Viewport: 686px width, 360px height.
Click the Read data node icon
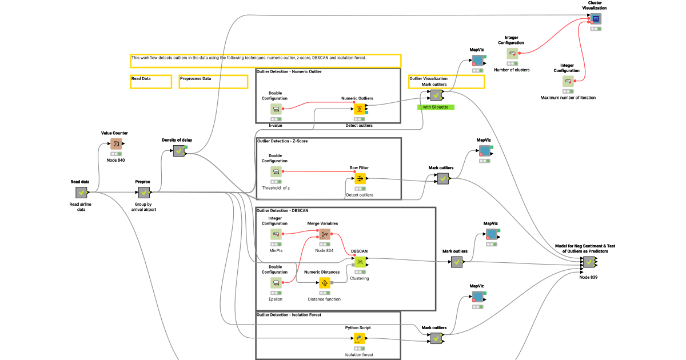pyautogui.click(x=81, y=193)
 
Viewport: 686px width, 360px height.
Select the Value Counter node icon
pyautogui.click(x=116, y=144)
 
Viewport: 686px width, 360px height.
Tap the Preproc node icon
pyautogui.click(x=143, y=193)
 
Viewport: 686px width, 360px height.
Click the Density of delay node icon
pyautogui.click(x=179, y=151)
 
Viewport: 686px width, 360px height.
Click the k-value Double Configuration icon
pyautogui.click(x=276, y=109)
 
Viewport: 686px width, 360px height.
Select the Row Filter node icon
pyautogui.click(x=360, y=179)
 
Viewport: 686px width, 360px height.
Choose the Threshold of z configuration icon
pyautogui.click(x=276, y=172)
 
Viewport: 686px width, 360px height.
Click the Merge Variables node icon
pyautogui.click(x=324, y=234)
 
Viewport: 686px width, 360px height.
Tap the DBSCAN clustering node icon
pyautogui.click(x=360, y=262)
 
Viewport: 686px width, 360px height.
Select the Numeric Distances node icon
pyautogui.click(x=324, y=283)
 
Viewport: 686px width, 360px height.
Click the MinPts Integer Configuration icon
pyautogui.click(x=276, y=234)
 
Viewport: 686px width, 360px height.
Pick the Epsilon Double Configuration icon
pyautogui.click(x=276, y=283)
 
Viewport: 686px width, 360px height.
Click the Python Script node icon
pyautogui.click(x=359, y=339)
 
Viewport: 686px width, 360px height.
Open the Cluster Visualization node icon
pyautogui.click(x=596, y=19)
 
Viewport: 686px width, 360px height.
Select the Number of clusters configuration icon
pyautogui.click(x=512, y=54)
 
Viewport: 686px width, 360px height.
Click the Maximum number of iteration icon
pyautogui.click(x=568, y=82)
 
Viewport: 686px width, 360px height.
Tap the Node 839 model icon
pyautogui.click(x=589, y=262)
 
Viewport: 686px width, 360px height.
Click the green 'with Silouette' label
pyautogui.click(x=436, y=107)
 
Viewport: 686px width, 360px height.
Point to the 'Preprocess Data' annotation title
pyautogui.click(x=196, y=79)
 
